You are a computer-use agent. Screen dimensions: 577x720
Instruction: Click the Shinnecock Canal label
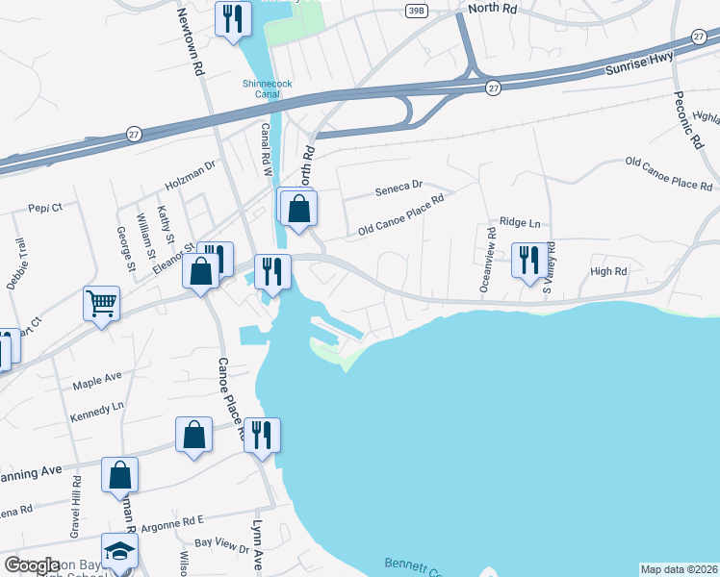268,88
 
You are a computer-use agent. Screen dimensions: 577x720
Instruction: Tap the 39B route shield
415,10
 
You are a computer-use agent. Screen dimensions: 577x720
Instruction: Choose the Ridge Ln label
520,222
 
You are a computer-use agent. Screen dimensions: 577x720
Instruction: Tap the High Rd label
608,271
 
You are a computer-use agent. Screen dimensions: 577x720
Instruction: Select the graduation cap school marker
119,551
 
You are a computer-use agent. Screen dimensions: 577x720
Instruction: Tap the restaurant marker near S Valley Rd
528,261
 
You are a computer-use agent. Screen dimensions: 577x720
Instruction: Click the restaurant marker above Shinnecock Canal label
232,18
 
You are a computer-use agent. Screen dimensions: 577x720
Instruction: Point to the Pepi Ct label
44,207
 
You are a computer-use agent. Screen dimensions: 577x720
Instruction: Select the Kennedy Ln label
97,406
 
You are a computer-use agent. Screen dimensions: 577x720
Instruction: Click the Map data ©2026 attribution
679,569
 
